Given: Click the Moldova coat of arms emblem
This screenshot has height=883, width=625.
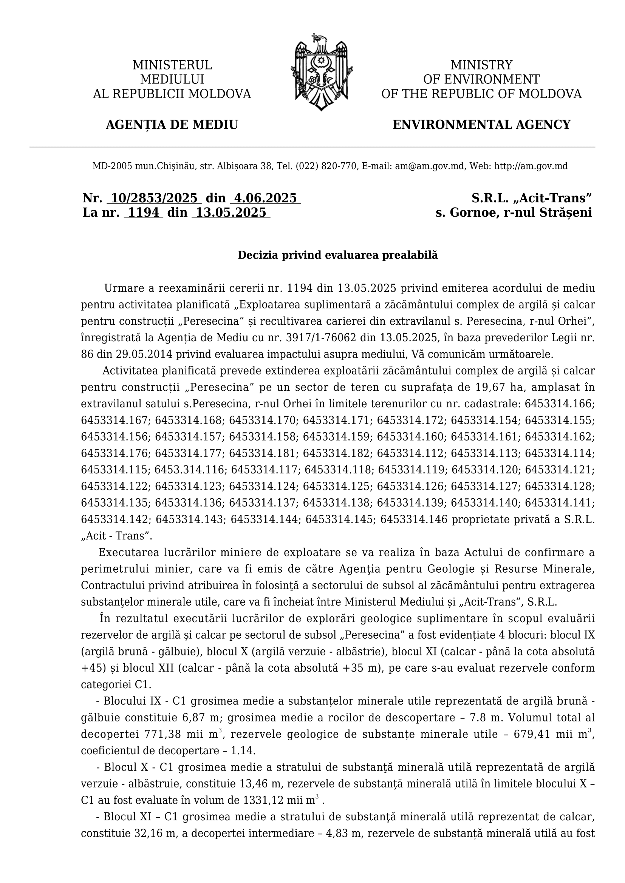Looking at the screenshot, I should pyautogui.click(x=321, y=73).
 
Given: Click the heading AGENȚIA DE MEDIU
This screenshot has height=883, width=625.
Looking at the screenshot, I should pyautogui.click(x=172, y=125).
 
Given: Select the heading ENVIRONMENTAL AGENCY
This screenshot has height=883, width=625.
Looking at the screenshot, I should pyautogui.click(x=481, y=125).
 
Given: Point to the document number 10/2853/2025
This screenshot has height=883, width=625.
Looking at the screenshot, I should pyautogui.click(x=154, y=198).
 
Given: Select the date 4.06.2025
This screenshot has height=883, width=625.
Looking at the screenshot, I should pyautogui.click(x=266, y=198).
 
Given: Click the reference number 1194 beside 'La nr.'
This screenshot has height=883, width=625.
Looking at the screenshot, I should pyautogui.click(x=144, y=212).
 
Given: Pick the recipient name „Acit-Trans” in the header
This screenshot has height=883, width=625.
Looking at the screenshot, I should pyautogui.click(x=551, y=198).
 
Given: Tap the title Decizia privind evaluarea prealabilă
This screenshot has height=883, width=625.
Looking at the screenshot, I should pyautogui.click(x=338, y=255).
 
